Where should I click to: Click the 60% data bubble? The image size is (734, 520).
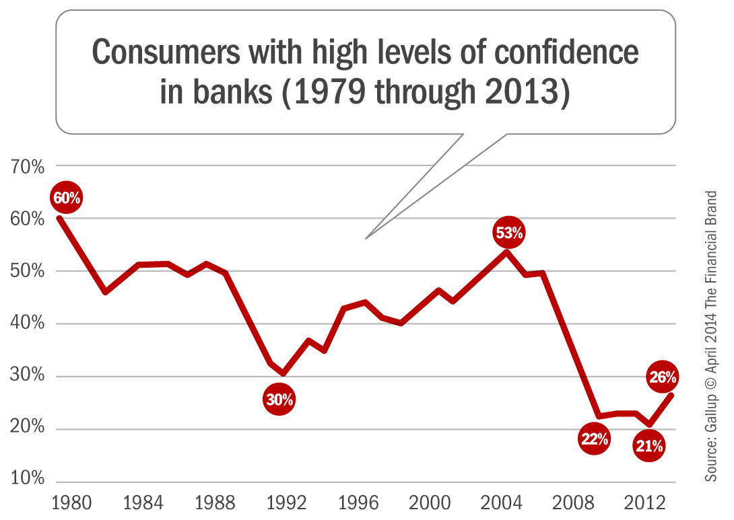[x=67, y=198]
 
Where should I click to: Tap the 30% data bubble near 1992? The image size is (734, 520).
[x=279, y=400]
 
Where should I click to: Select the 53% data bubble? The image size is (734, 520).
[x=509, y=233]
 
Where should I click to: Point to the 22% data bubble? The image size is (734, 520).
[x=594, y=440]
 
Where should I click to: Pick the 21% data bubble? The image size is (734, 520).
[x=649, y=445]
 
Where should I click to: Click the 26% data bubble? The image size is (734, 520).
[x=663, y=378]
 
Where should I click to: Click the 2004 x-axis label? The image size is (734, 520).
[x=502, y=503]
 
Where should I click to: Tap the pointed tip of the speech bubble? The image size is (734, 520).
[x=366, y=238]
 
